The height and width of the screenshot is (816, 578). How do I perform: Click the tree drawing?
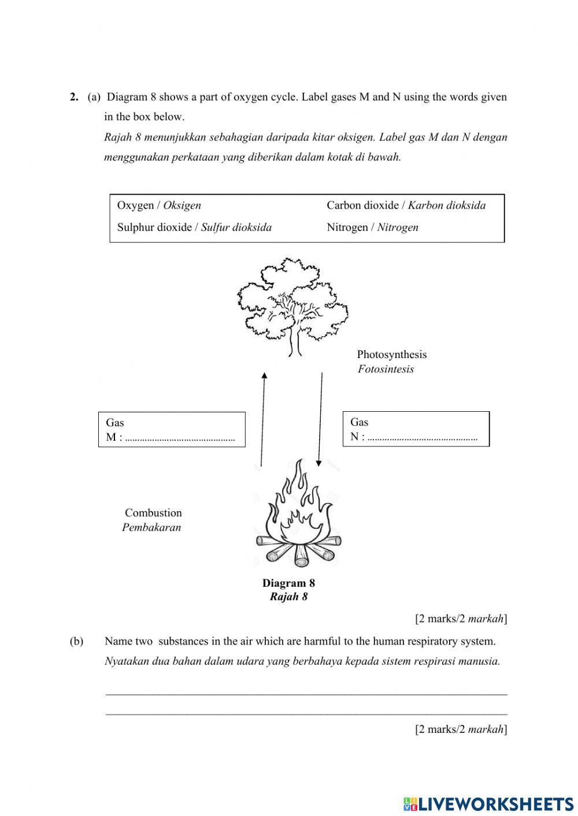[292, 306]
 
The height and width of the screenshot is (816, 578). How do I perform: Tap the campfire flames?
[298, 508]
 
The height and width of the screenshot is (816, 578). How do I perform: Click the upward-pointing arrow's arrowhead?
[264, 376]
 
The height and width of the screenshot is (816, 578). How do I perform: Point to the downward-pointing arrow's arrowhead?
[318, 462]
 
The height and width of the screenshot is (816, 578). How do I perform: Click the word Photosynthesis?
[391, 355]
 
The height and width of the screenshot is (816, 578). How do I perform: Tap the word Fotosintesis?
[386, 370]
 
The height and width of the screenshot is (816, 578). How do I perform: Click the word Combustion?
[153, 513]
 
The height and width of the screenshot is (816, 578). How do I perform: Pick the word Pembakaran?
[151, 527]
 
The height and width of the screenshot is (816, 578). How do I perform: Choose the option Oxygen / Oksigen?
[159, 206]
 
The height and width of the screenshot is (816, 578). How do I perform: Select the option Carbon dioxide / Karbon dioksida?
[406, 206]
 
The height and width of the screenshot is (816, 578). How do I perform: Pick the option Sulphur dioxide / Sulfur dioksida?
[194, 228]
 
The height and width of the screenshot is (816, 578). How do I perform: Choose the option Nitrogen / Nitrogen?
[372, 228]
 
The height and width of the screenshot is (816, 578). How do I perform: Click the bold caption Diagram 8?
[288, 583]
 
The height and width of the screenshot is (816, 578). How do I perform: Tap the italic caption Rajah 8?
[288, 597]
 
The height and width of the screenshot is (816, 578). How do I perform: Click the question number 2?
[74, 97]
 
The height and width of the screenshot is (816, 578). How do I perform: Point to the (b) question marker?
[76, 642]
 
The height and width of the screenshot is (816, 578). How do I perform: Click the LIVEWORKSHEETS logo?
[488, 803]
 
